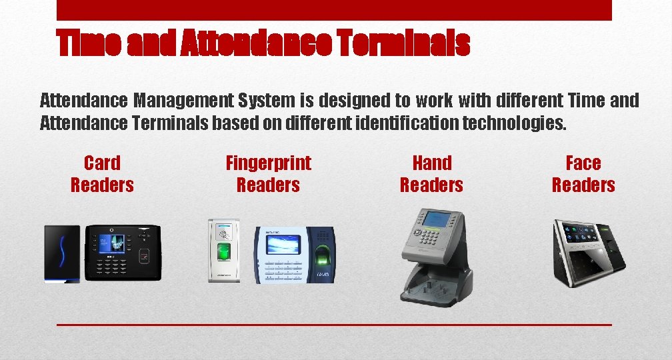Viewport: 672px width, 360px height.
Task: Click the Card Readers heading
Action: coord(102,174)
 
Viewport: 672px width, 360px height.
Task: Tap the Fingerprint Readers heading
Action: coord(268,174)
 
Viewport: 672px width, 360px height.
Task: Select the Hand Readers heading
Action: coord(431,174)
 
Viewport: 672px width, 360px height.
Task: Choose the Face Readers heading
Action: coord(583,174)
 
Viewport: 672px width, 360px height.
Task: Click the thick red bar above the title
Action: coord(334,10)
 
